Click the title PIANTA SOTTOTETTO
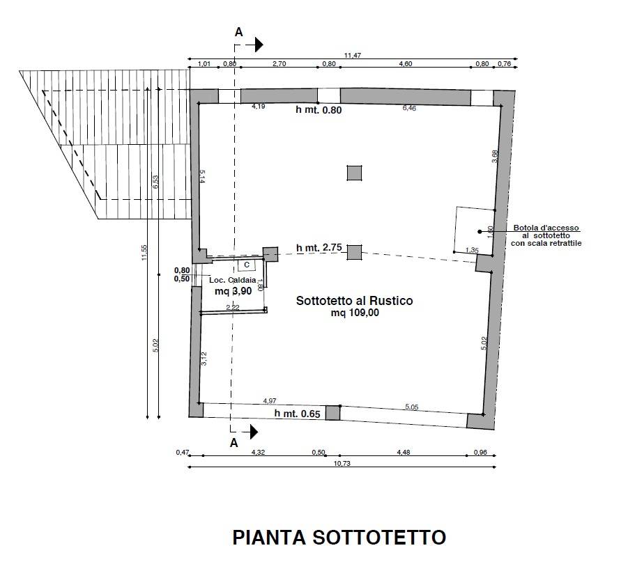pos(339,538)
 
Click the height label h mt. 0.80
pos(319,109)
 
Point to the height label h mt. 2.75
pos(319,248)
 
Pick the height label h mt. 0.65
pos(297,414)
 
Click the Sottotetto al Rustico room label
pos(355,301)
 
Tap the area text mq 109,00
pos(355,313)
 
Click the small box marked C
pos(247,265)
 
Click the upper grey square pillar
pos(355,173)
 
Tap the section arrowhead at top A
pos(259,45)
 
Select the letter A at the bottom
pos(233,442)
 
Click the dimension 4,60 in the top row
pos(405,64)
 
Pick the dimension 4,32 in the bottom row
pos(258,452)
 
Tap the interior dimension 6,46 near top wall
pos(409,108)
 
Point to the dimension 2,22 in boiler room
pos(232,307)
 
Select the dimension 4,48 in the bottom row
pos(403,452)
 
